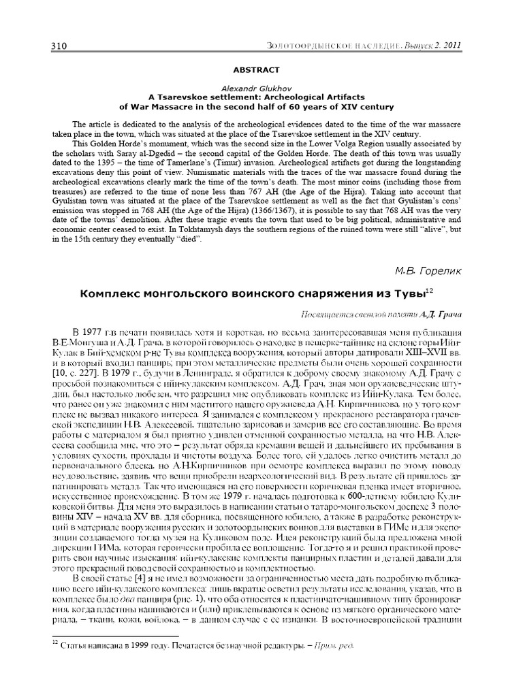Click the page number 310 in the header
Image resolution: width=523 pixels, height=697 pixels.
(59, 46)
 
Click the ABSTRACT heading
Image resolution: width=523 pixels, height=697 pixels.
(256, 69)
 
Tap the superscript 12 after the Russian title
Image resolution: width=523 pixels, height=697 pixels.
(428, 291)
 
